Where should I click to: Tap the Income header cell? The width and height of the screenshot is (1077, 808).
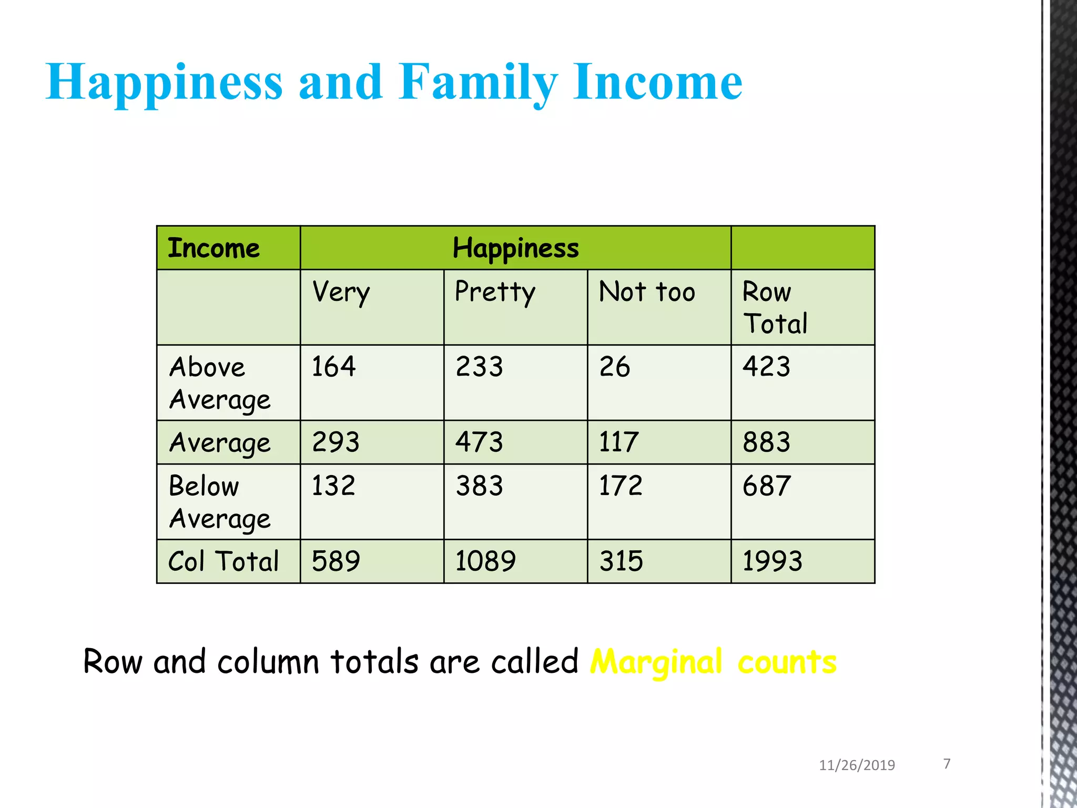tap(214, 248)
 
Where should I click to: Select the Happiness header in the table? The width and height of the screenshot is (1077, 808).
tap(515, 248)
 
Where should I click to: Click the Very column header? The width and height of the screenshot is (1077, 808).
tap(341, 292)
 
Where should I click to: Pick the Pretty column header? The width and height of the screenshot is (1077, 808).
tap(495, 292)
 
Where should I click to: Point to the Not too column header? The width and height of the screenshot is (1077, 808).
tap(647, 292)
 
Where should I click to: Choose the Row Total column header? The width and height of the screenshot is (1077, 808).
tap(775, 308)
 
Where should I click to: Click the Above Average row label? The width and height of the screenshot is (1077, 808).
tap(220, 383)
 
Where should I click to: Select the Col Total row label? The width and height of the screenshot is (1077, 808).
tap(223, 561)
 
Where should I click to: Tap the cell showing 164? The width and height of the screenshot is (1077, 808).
tap(333, 367)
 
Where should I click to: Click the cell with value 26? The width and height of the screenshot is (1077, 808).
tap(615, 367)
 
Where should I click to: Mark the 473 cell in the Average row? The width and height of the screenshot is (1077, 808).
tap(479, 442)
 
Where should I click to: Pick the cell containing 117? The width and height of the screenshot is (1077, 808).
tap(619, 442)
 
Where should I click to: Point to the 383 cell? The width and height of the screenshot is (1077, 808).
tap(479, 486)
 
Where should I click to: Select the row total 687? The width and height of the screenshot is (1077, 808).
tap(767, 486)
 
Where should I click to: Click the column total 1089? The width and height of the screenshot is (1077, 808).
tap(485, 561)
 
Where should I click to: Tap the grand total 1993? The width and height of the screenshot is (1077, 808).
tap(772, 561)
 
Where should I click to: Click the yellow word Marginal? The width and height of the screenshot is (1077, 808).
tap(656, 662)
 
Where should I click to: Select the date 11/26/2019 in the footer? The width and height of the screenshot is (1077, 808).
tap(857, 765)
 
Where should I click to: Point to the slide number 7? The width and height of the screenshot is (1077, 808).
tap(947, 763)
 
